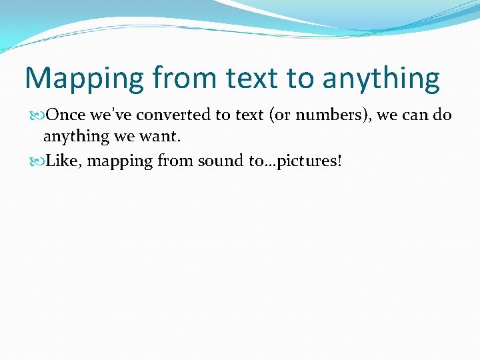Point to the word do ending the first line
coord(443,115)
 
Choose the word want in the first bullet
coord(162,137)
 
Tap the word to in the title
coord(300,78)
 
